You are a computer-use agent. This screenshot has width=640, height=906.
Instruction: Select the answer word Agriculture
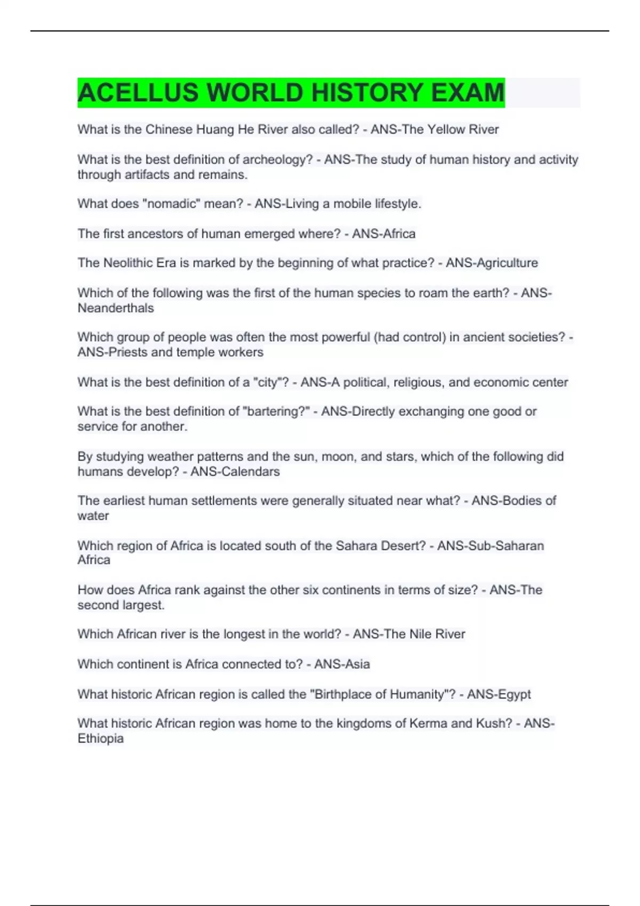pos(503,263)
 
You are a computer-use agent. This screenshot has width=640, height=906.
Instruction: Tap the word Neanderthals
pos(116,308)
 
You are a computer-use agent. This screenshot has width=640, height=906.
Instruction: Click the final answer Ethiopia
pos(101,739)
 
